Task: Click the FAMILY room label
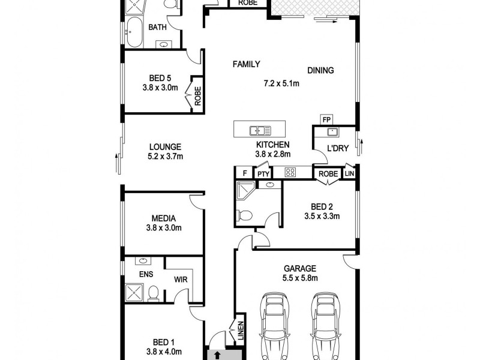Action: [246, 64]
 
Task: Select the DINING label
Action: [320, 70]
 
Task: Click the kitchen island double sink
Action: [260, 129]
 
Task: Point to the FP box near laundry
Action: [326, 119]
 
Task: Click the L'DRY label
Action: [335, 148]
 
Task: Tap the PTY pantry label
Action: [263, 173]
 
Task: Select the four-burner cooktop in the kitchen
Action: [290, 173]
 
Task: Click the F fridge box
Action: [245, 173]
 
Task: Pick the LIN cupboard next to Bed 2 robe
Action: [350, 173]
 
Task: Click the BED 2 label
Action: [322, 206]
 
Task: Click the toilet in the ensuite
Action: [154, 293]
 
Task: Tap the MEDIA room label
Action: [163, 218]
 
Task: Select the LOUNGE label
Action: [165, 146]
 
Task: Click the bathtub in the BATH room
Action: [133, 32]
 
